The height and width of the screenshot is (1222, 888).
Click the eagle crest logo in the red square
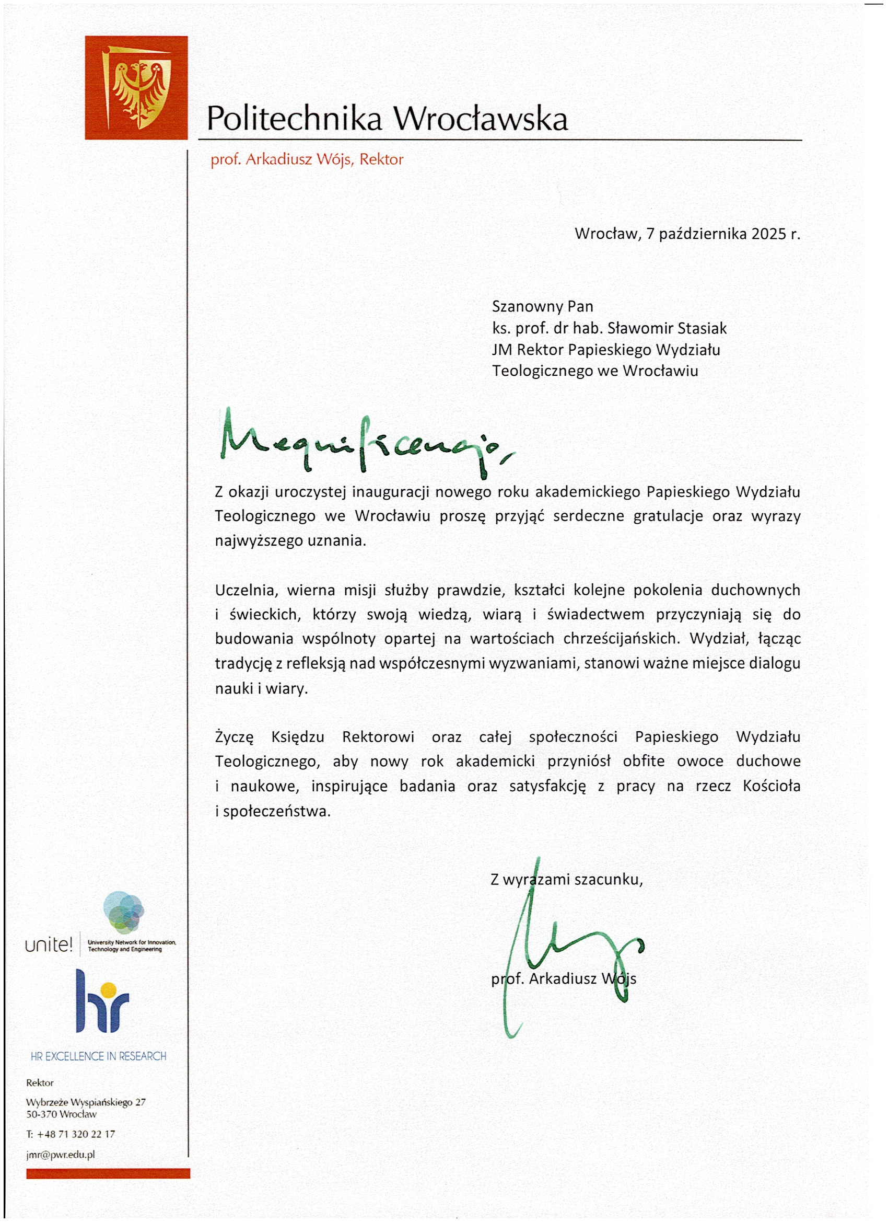[x=136, y=87]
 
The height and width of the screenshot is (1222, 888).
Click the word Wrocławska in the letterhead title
[x=481, y=119]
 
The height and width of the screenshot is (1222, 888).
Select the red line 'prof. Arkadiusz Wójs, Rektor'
[x=307, y=160]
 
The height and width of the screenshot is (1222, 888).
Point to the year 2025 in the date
[x=768, y=234]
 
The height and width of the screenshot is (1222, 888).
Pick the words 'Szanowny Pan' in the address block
[x=542, y=307]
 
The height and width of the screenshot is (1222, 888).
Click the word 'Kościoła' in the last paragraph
[x=771, y=786]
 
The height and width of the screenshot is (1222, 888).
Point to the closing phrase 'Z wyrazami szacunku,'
[x=567, y=880]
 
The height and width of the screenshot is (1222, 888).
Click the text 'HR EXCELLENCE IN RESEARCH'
[x=99, y=1056]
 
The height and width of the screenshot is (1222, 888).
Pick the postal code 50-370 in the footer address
[x=41, y=1114]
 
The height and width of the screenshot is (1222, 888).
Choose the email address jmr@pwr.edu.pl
[x=60, y=1155]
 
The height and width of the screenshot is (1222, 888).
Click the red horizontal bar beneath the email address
[x=108, y=1173]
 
